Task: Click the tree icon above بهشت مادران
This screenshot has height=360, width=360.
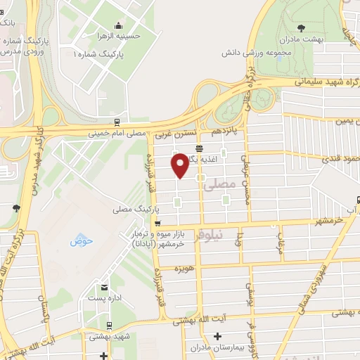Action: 302,28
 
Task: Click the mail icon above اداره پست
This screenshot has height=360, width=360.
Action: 105,288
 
